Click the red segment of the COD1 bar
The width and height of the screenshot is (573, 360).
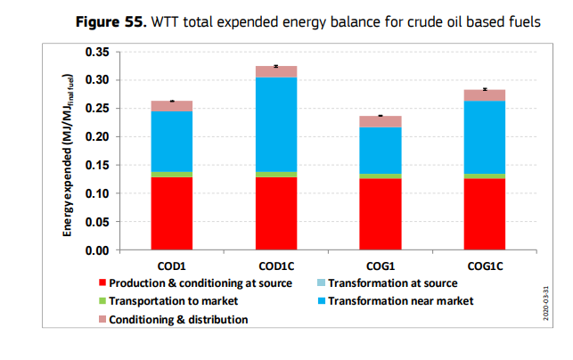171,213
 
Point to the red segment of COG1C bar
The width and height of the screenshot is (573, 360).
484,214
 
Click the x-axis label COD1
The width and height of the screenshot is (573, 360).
171,265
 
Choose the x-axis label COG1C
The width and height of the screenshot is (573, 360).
484,265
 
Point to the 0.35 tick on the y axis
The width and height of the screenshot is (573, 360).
96,53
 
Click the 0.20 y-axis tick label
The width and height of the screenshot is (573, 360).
96,137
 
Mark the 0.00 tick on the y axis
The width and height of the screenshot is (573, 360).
96,250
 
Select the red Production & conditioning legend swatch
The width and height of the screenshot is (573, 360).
103,283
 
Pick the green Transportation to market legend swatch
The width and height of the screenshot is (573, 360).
103,301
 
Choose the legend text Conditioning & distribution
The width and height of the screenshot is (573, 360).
178,319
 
